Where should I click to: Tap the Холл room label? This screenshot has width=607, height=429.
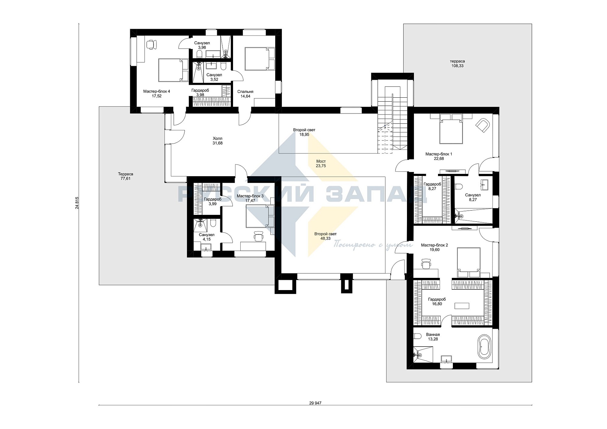pos(218,141)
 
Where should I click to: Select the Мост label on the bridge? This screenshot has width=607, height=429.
pos(321,163)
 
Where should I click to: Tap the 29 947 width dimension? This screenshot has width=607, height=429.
pos(315,403)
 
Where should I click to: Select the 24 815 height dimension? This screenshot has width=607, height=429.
pos(77,203)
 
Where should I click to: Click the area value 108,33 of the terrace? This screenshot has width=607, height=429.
pos(457,66)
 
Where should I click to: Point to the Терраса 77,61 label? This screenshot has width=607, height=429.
pos(125,176)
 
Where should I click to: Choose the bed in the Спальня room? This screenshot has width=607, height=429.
pos(260,59)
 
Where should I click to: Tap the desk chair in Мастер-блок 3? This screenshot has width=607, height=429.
pos(258,236)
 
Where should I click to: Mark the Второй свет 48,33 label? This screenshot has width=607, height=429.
pos(325,236)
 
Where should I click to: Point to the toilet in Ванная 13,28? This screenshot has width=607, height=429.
pos(417,337)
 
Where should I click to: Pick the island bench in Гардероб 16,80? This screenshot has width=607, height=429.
pos(461,306)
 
